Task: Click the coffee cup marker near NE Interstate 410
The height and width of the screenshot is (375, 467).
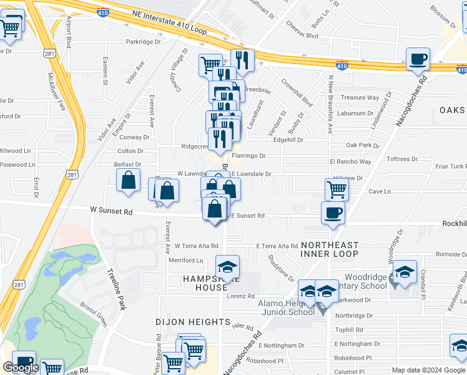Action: click(x=418, y=60)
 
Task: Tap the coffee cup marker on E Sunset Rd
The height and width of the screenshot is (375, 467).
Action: click(x=333, y=212)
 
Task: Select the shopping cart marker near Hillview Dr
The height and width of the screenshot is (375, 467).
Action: click(x=337, y=189)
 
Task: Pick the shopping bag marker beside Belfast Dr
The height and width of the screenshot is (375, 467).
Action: click(x=128, y=181)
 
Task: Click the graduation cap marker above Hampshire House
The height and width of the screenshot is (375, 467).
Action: click(x=227, y=267)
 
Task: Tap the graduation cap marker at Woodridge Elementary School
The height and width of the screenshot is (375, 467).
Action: click(x=405, y=272)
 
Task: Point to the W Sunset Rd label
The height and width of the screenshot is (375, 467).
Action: click(x=111, y=212)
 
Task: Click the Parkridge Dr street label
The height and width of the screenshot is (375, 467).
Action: click(x=143, y=42)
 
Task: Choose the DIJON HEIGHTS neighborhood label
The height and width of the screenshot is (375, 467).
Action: click(x=193, y=322)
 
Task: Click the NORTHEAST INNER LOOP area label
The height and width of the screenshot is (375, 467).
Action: click(x=330, y=249)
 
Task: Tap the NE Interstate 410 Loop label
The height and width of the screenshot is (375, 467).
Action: click(x=169, y=12)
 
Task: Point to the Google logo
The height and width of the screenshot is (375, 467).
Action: click(x=21, y=368)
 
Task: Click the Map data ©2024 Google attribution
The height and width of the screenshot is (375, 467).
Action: click(x=429, y=370)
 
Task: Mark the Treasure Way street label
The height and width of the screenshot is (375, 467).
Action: click(x=360, y=97)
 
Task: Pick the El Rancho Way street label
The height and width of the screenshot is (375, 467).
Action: click(x=350, y=162)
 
